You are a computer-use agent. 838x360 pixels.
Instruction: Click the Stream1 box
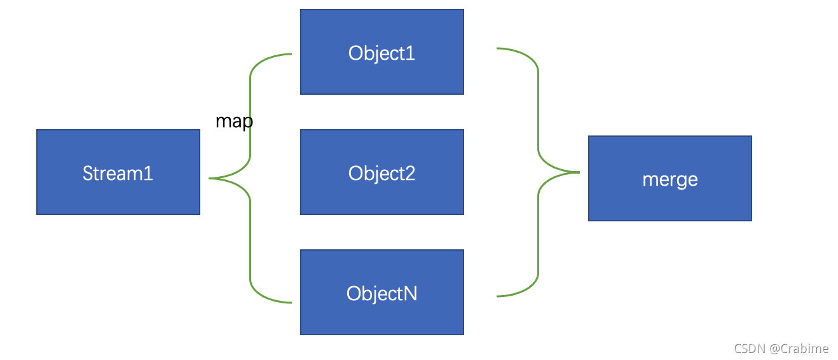(x=118, y=172)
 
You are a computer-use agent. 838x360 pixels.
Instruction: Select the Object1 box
(x=382, y=52)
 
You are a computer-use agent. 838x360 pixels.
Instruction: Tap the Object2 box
(x=382, y=172)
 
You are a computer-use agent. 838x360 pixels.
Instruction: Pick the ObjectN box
(x=382, y=293)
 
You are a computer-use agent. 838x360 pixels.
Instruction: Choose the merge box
(x=670, y=179)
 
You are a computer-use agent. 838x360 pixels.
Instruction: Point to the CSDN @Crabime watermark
(x=781, y=349)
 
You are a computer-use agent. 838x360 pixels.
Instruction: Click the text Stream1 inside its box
(x=118, y=174)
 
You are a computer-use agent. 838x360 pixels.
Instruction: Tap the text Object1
(x=381, y=53)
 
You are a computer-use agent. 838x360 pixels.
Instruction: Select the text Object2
(x=381, y=174)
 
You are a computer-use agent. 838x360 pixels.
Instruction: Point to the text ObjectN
(x=381, y=294)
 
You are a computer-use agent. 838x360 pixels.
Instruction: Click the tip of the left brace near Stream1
(x=209, y=179)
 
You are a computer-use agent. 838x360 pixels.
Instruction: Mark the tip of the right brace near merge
(x=579, y=172)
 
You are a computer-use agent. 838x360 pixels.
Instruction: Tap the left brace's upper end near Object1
(x=291, y=54)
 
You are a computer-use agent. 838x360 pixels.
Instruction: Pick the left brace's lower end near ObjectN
(x=291, y=302)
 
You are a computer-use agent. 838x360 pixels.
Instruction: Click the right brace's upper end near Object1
(x=497, y=48)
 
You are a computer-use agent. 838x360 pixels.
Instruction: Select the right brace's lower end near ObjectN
(x=497, y=296)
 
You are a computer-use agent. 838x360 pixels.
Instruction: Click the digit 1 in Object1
(x=411, y=53)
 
